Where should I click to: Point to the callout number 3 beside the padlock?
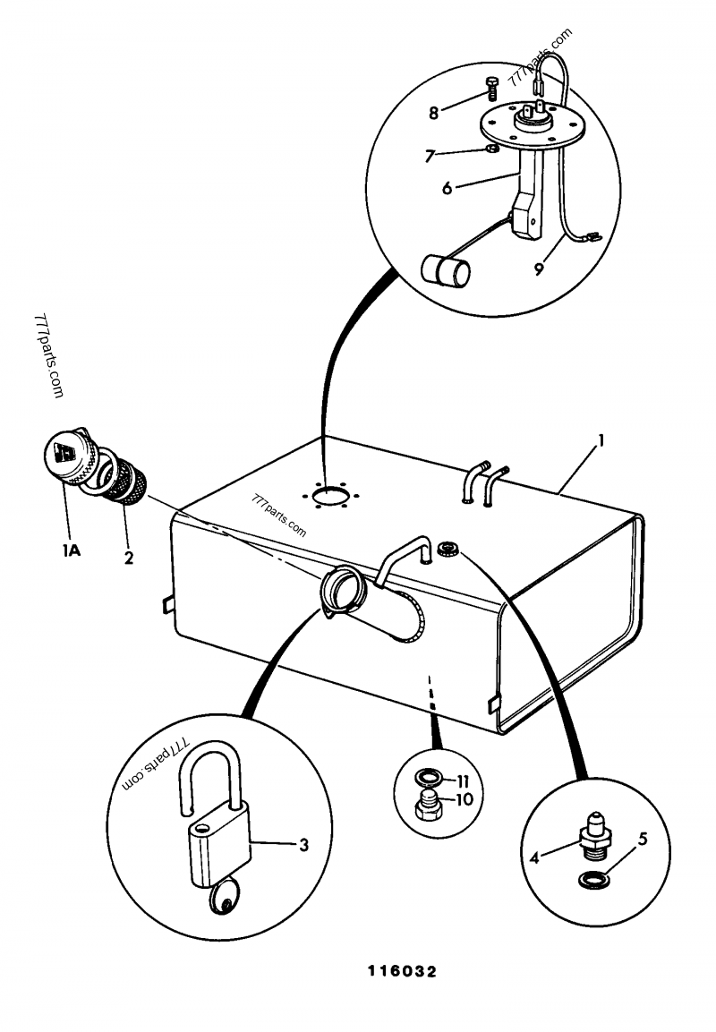303,843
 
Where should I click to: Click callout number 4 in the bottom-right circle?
535,857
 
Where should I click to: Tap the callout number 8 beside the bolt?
433,113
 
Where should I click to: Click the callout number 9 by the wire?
540,268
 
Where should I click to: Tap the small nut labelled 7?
490,149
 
